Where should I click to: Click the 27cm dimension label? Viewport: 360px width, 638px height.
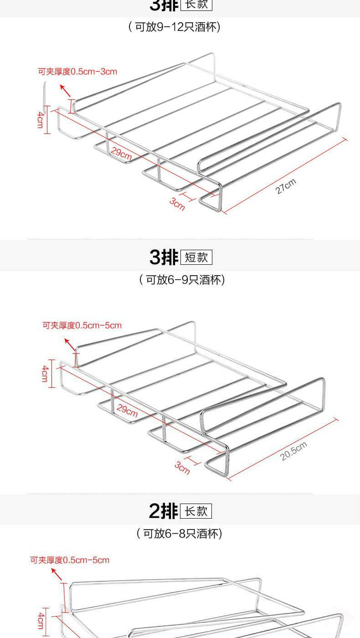pos(286,186)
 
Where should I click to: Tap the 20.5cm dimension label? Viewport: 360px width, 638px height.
pos(293,451)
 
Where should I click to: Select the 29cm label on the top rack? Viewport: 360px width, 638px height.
pos(121,154)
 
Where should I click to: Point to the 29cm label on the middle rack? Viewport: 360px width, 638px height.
pos(127,410)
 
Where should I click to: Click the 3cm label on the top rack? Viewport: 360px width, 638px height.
pos(177,204)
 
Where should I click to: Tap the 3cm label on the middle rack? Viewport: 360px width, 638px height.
pos(182,467)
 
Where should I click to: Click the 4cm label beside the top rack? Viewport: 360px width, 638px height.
pos(41,119)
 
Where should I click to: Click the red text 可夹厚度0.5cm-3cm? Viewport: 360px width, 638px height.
pos(77,72)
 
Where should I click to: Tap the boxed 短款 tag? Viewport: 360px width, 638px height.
pos(196,257)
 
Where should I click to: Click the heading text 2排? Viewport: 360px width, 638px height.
pos(163,511)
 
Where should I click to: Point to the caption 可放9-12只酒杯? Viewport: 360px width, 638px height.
pos(175,27)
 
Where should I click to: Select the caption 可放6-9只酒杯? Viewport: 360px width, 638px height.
pos(182,279)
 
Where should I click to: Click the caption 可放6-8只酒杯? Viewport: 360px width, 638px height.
pos(180,533)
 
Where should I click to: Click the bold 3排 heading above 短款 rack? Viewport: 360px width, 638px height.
pos(164,257)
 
